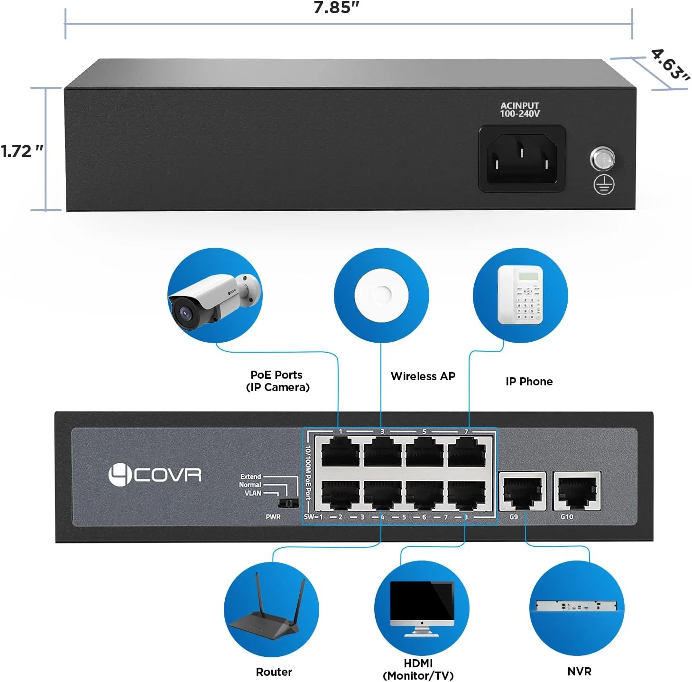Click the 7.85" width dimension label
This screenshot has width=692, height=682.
click(336, 8)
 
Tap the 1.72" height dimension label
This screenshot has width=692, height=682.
click(22, 151)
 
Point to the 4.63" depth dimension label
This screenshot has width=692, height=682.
click(670, 65)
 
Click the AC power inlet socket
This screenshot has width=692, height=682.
click(522, 159)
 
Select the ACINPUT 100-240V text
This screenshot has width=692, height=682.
click(520, 110)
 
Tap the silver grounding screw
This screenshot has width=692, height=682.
click(602, 159)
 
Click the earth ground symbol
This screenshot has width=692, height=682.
click(604, 185)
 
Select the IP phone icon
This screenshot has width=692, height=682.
click(520, 295)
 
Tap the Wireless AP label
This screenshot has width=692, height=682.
click(423, 376)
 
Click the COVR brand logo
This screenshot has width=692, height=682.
click(155, 475)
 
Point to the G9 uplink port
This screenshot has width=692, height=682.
click(523, 491)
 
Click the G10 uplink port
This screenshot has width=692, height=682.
click(577, 491)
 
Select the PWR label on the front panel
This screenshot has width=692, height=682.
click(273, 517)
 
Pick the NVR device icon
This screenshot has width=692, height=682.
click(576, 606)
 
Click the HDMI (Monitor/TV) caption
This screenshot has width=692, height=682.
click(418, 669)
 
